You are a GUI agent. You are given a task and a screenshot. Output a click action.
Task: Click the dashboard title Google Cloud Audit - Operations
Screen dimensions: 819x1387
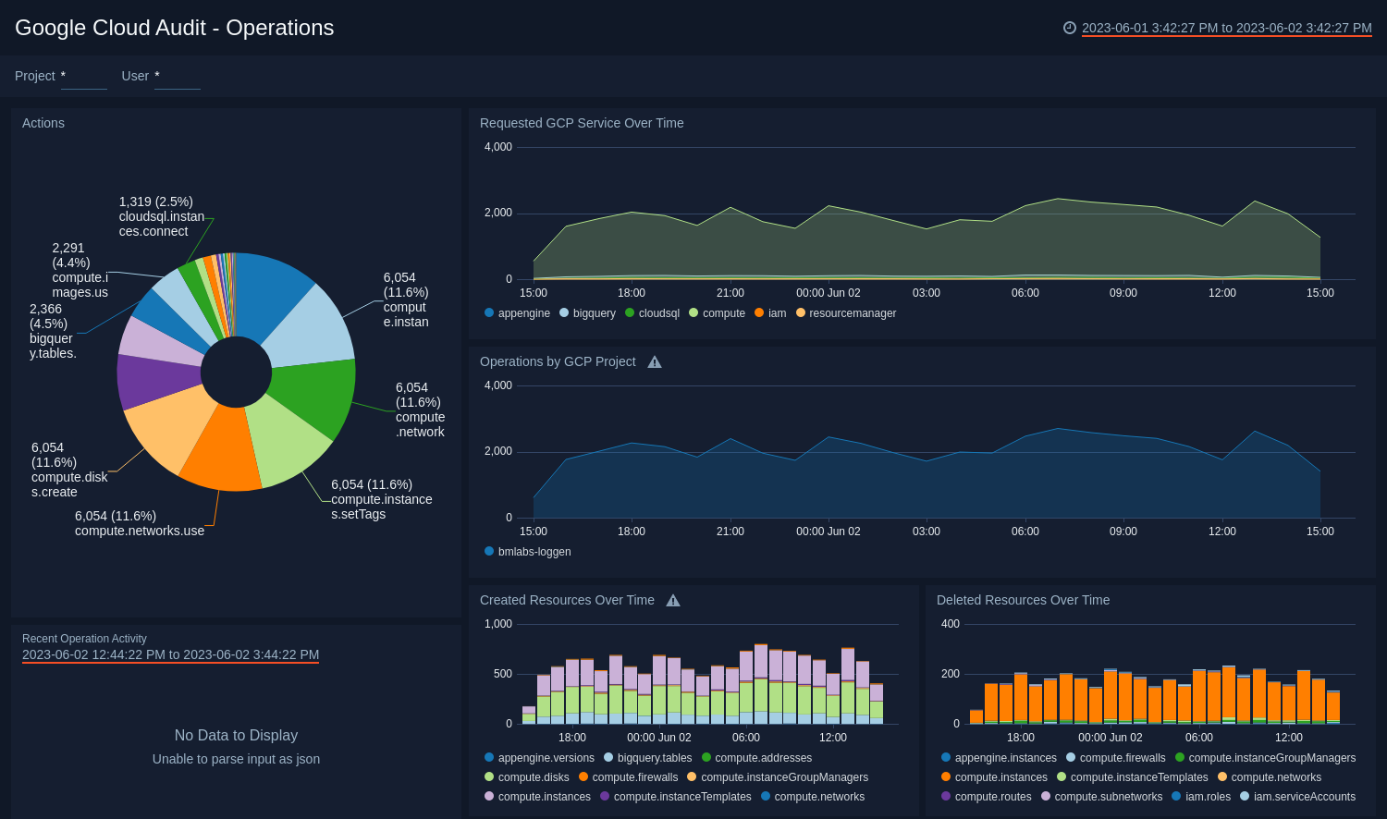pos(174,28)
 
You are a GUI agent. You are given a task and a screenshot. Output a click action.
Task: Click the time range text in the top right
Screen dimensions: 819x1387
pos(1226,28)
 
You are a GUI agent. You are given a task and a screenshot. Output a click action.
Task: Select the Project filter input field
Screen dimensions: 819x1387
pos(83,77)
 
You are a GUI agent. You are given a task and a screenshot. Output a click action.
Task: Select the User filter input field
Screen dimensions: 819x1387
pos(177,77)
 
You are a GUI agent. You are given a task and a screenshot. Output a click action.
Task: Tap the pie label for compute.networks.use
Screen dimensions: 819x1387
pos(139,523)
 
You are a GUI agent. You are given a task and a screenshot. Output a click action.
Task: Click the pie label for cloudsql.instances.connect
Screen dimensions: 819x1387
pos(161,216)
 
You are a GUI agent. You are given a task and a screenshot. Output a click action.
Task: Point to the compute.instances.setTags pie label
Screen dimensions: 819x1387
pos(381,499)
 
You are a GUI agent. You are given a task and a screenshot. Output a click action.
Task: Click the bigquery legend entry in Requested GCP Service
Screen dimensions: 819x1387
pos(594,313)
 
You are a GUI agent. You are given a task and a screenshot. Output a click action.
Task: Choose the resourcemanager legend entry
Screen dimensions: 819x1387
pos(852,313)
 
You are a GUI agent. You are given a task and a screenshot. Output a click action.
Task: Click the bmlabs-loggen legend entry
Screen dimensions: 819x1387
pos(534,552)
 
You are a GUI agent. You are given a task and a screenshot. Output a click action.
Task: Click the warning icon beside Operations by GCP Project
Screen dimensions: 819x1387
pos(655,362)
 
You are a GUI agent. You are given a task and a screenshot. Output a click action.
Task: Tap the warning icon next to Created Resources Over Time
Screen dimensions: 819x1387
pos(673,601)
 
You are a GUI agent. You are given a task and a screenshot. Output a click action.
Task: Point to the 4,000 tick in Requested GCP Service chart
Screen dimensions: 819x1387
pos(498,147)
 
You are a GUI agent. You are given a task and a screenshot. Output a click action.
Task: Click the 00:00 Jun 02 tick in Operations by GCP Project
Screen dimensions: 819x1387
pos(828,532)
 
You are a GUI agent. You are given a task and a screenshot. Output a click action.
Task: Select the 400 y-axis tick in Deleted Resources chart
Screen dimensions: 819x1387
pos(950,624)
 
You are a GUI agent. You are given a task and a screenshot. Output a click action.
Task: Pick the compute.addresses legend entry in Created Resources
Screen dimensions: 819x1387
pos(763,758)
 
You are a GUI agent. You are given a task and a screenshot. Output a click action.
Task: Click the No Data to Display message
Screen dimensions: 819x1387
pos(236,736)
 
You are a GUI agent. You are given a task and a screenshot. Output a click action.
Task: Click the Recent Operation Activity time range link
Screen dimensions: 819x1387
pos(170,654)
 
